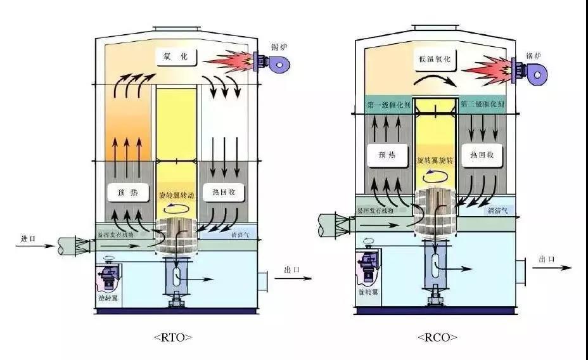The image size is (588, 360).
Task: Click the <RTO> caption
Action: (x=173, y=337)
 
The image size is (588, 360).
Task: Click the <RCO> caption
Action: (x=437, y=337)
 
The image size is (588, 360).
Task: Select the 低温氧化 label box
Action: (x=434, y=58)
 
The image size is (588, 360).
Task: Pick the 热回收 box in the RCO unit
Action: (x=482, y=154)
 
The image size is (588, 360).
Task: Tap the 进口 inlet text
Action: (x=28, y=239)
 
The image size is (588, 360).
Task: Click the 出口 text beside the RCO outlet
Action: (x=547, y=259)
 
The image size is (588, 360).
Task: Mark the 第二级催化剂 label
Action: (x=482, y=105)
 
